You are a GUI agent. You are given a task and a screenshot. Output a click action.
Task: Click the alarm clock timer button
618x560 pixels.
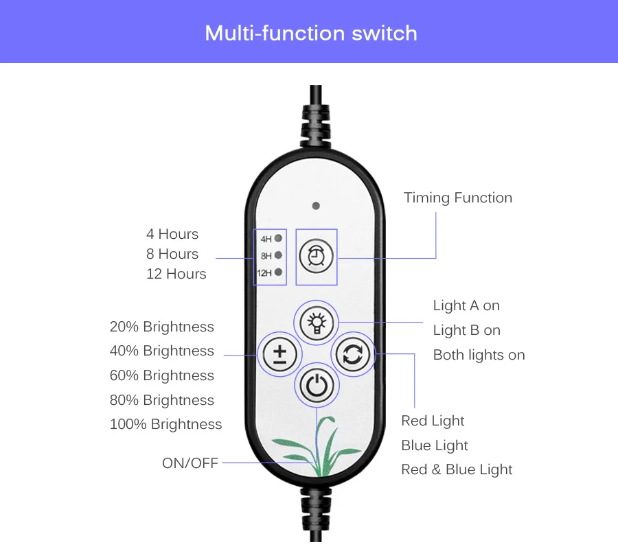click(x=317, y=257)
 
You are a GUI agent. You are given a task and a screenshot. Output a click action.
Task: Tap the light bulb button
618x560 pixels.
click(x=316, y=321)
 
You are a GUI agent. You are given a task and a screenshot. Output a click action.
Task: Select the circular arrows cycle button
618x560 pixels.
click(x=352, y=355)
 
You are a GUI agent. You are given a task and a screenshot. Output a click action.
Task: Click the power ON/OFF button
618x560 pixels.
click(x=316, y=385)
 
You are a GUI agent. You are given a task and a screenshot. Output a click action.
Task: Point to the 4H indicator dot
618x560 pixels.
click(x=278, y=239)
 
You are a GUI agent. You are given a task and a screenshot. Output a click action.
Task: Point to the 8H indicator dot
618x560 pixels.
click(x=278, y=255)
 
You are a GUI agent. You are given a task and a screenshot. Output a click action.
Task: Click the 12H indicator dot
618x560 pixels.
click(x=278, y=272)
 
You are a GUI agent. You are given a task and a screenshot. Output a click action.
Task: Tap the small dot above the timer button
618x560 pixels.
click(x=315, y=205)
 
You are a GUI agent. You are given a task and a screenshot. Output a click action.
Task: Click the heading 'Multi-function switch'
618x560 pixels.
click(x=310, y=33)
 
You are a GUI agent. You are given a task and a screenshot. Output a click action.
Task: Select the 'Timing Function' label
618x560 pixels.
click(x=457, y=198)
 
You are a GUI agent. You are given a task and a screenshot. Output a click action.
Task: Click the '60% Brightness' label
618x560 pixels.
click(x=161, y=375)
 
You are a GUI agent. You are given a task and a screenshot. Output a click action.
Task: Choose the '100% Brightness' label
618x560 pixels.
click(x=165, y=424)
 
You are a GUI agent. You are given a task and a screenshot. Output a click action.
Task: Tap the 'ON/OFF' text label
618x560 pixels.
click(x=190, y=463)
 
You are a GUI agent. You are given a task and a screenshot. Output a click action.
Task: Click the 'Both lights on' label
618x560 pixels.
click(x=479, y=355)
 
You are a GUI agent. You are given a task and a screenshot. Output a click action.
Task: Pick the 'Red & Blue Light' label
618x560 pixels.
click(x=457, y=469)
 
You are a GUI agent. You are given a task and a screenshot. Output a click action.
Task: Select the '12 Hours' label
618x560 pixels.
click(x=176, y=274)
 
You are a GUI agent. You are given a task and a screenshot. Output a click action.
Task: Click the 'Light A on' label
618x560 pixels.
click(x=466, y=305)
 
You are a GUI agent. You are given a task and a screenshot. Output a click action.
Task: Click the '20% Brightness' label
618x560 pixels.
click(x=161, y=327)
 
